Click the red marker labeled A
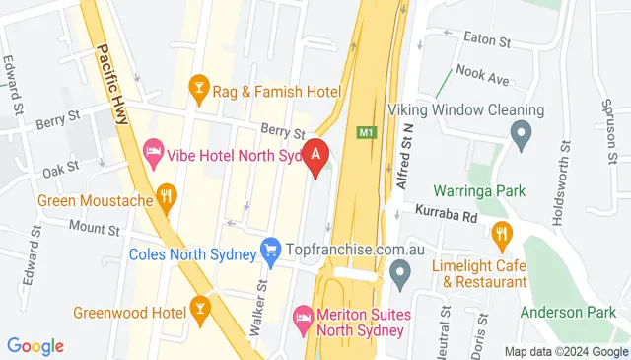coord(315,156)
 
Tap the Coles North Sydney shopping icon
coord(269,253)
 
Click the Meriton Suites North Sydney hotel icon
coord(304,318)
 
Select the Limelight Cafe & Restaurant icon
coord(502,235)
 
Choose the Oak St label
coord(60,170)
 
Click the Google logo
coord(35,346)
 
